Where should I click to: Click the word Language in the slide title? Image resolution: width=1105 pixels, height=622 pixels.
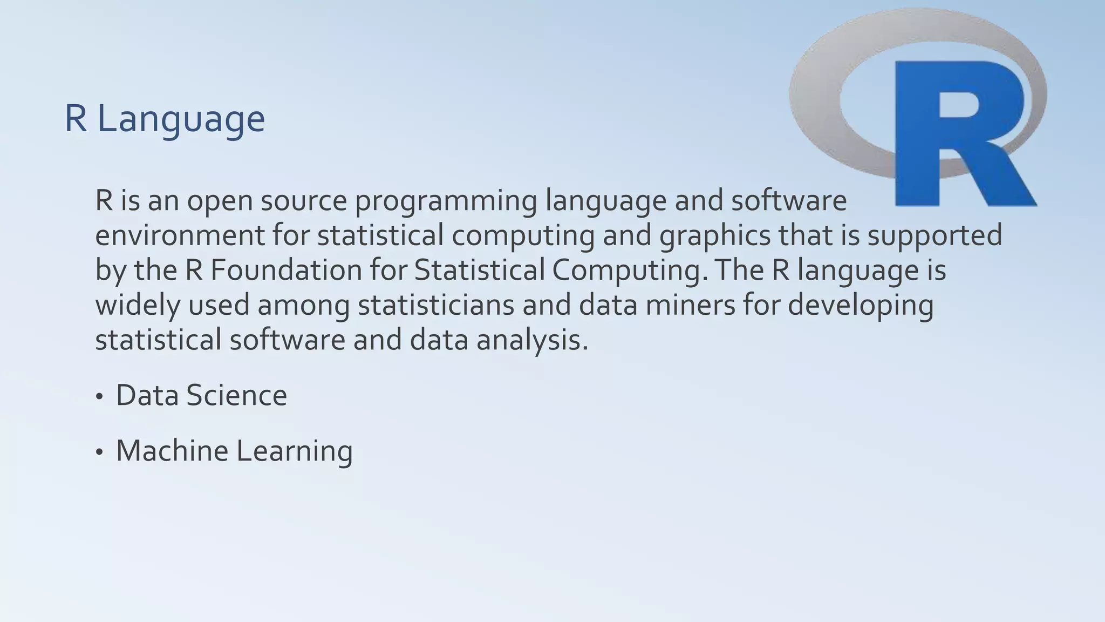(181, 119)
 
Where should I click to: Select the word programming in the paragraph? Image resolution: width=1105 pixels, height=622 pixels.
(446, 201)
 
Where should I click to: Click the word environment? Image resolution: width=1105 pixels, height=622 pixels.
(180, 236)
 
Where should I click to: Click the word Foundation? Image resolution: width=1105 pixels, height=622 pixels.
(286, 271)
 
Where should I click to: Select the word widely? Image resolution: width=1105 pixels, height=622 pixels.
(138, 306)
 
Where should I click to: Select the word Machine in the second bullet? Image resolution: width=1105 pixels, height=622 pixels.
(172, 451)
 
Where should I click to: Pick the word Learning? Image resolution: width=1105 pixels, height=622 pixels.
(295, 452)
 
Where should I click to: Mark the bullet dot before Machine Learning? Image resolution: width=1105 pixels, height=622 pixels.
(99, 453)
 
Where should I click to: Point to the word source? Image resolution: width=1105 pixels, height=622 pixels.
(304, 201)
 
